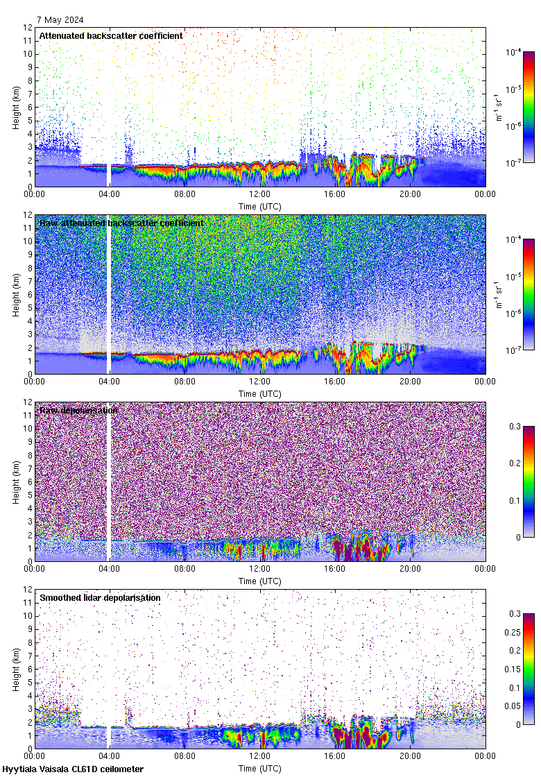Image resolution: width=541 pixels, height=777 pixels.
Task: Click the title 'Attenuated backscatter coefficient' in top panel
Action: point(111,35)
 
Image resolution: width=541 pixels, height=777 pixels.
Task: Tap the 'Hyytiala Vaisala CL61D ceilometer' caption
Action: point(73,769)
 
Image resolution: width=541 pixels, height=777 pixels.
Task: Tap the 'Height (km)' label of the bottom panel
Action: point(16,669)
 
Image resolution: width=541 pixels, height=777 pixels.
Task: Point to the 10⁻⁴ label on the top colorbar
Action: point(515,53)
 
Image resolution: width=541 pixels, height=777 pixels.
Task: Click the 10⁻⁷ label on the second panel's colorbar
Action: point(515,350)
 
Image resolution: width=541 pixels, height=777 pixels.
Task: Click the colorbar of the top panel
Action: point(529,107)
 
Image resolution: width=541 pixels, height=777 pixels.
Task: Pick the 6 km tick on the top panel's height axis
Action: point(29,107)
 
